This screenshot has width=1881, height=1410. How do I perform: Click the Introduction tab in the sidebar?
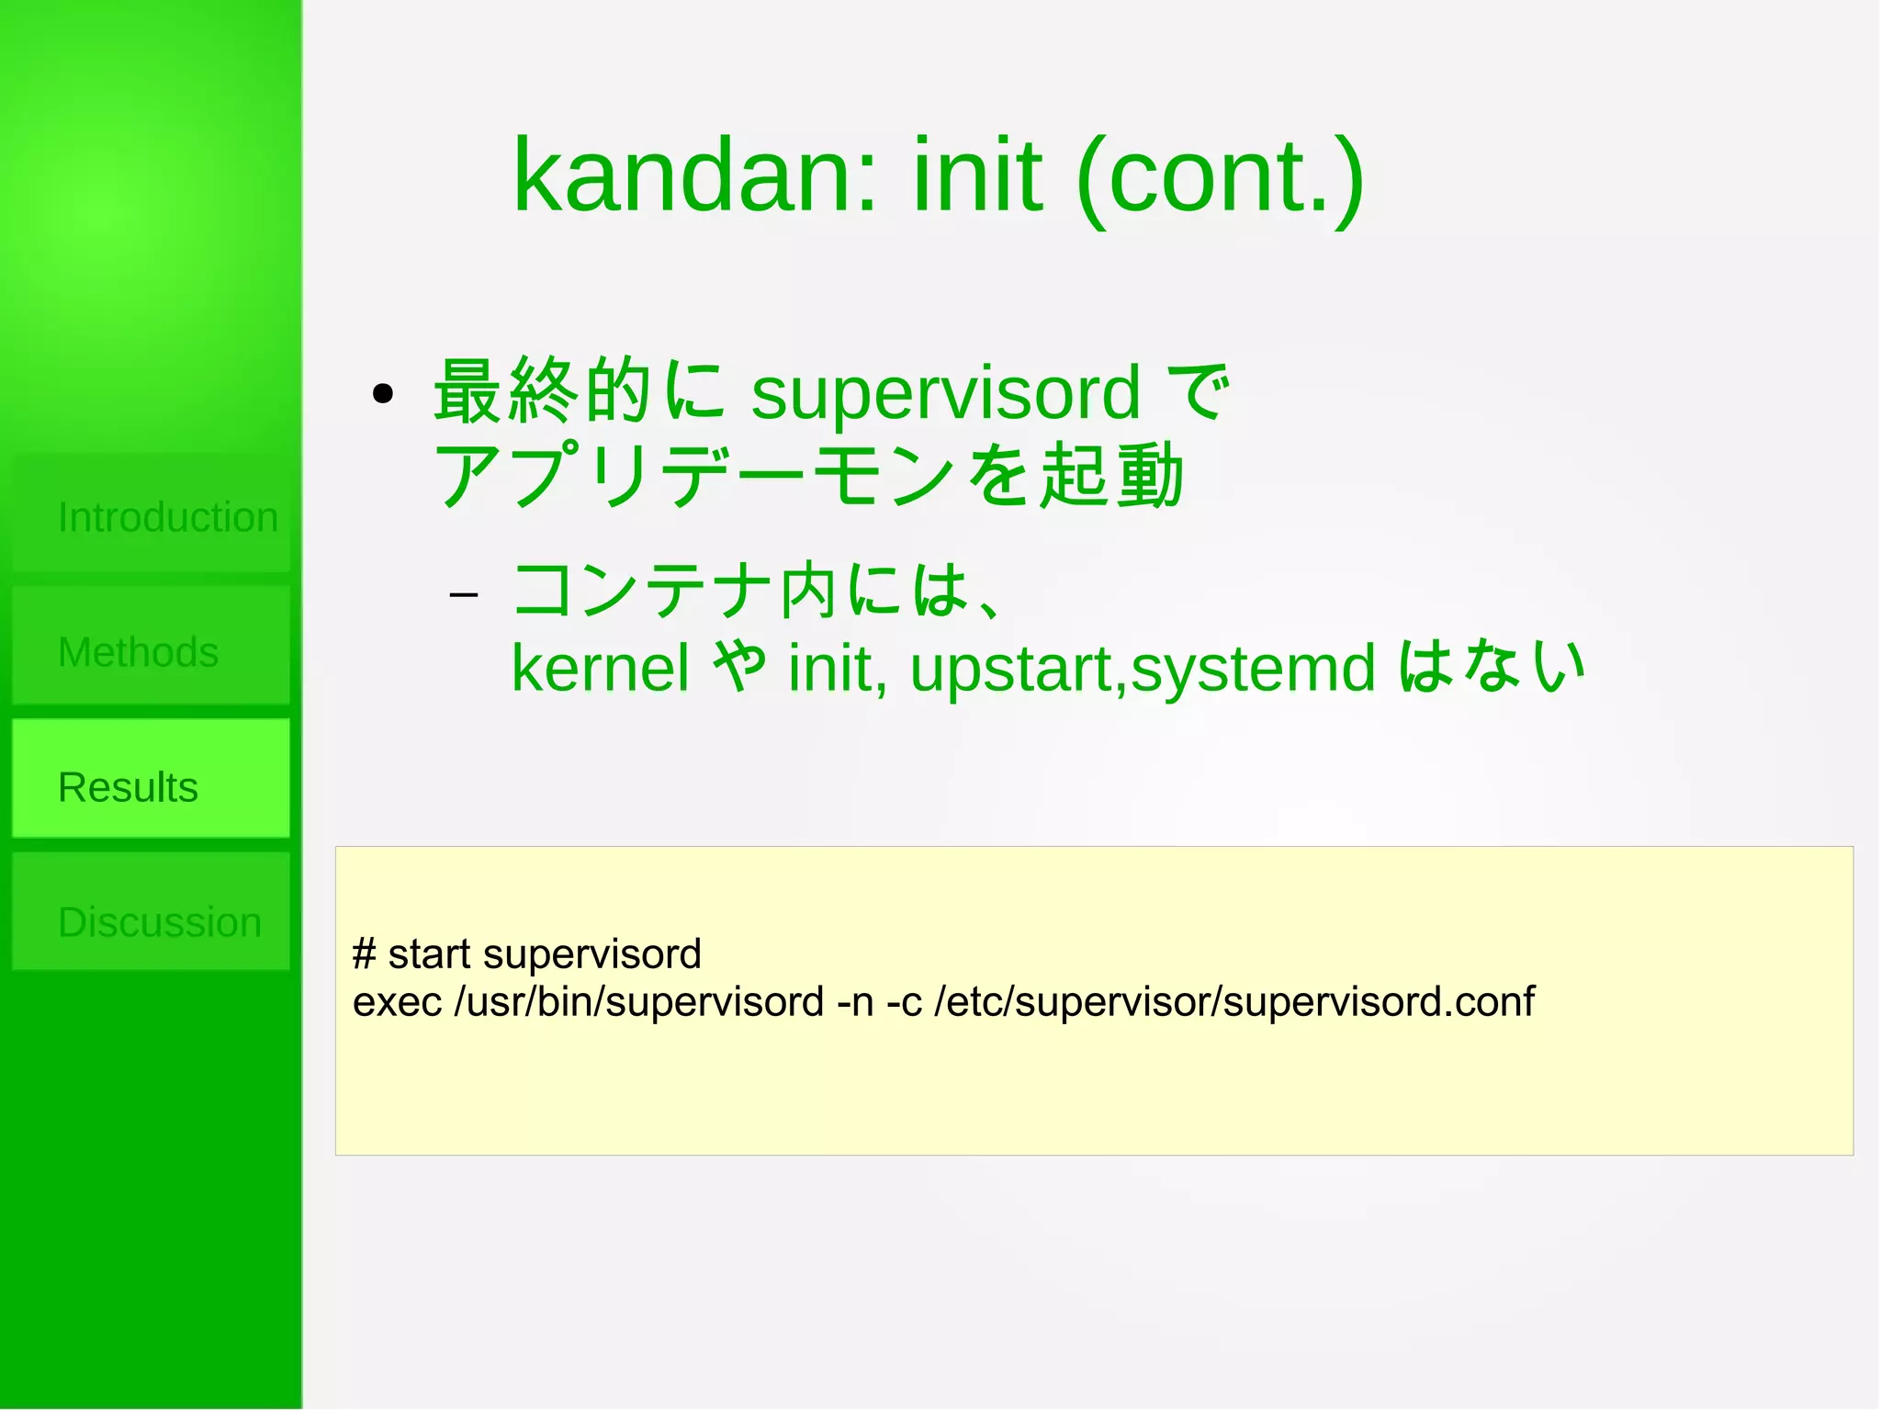pos(152,516)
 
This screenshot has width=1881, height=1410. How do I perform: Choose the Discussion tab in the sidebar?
pos(152,920)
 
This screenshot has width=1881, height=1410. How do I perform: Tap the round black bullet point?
pos(383,395)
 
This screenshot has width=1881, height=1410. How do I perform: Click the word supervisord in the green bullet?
pos(945,393)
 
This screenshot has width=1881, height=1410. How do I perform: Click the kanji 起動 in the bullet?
pos(1110,474)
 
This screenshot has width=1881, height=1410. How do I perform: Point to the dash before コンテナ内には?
pos(464,595)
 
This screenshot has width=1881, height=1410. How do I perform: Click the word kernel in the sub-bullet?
pos(600,668)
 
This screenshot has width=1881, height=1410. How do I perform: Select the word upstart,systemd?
pos(1143,668)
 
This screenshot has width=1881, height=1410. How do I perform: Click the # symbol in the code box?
pos(364,953)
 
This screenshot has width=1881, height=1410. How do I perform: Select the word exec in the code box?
pos(397,1001)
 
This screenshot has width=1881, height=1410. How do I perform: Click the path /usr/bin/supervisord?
pos(639,1001)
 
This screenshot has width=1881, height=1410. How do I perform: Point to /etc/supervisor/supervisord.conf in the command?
pos(1233,1001)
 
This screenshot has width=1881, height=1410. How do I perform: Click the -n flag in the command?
pos(856,1001)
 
